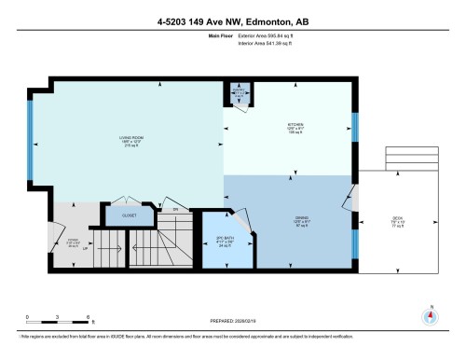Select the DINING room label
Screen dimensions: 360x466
point(289,222)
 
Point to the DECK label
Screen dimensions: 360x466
point(396,222)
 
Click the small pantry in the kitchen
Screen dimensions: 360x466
point(238,93)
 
